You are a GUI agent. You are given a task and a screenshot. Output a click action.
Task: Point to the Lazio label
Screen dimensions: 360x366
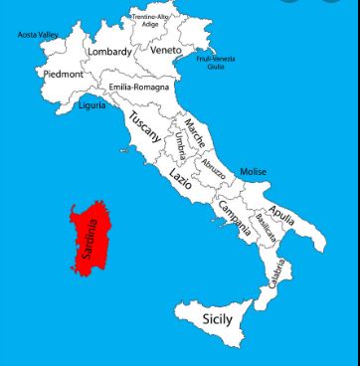click(x=180, y=178)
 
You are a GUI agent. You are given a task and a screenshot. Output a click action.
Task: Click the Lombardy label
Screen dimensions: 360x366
click(x=108, y=51)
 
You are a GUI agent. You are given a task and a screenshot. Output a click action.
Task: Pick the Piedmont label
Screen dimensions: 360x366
click(x=61, y=74)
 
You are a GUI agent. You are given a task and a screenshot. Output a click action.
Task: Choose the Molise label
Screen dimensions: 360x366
click(x=253, y=172)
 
